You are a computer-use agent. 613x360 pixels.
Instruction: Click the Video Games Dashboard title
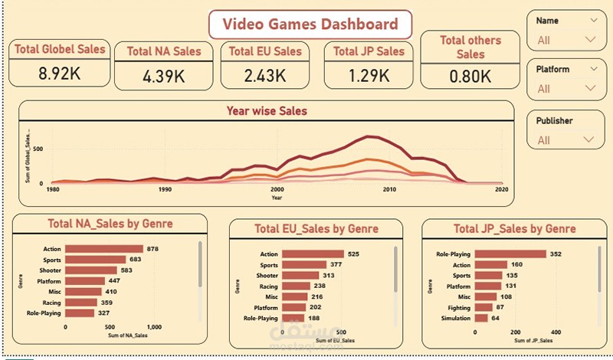tap(310, 24)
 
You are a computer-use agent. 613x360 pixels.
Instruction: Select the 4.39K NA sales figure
tap(164, 77)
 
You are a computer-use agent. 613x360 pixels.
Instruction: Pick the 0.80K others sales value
tap(470, 77)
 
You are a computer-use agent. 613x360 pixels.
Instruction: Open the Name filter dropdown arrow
tap(589, 40)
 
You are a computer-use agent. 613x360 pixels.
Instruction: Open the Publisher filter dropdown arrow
tap(589, 139)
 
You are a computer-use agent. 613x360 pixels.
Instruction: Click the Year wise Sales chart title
tap(267, 111)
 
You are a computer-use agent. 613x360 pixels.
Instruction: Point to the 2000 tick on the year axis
tap(277, 189)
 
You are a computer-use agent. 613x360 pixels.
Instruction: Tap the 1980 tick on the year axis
tap(53, 189)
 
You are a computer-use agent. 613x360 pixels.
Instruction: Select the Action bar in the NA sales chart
tap(104, 249)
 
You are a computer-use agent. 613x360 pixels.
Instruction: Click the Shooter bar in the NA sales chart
tap(91, 270)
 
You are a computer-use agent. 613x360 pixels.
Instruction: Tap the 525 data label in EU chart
tap(353, 254)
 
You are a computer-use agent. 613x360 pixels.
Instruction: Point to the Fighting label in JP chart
tap(456, 307)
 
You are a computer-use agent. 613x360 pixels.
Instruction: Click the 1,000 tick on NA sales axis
tap(154, 326)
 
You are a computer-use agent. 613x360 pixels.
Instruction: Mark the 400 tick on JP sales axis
tap(556, 332)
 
